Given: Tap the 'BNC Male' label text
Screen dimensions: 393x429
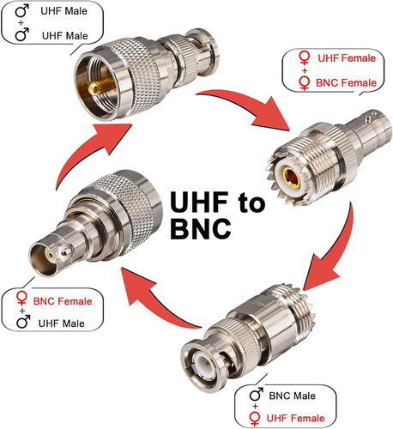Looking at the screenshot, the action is [292, 396].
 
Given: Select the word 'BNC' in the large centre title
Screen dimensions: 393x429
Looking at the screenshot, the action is [201, 228].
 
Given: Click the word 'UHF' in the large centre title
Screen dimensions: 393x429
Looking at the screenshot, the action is [199, 202].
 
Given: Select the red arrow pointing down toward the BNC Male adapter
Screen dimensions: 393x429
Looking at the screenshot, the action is [329, 251].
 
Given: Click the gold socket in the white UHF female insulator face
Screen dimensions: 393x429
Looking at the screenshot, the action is [291, 176].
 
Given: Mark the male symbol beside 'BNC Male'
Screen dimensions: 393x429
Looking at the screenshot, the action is [257, 395].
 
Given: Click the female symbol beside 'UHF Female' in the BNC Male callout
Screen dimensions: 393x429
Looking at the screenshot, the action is [255, 419].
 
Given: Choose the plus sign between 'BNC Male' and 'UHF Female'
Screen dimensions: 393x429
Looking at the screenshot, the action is [255, 406].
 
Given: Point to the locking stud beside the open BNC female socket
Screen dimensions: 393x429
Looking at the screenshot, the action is [65, 252].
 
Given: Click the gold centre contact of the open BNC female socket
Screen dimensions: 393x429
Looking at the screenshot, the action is [51, 255].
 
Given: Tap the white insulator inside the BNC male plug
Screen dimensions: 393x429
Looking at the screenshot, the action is [203, 364].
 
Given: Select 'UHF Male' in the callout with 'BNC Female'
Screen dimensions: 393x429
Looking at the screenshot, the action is [62, 323].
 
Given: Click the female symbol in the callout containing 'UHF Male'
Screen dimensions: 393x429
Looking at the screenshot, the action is [21, 299].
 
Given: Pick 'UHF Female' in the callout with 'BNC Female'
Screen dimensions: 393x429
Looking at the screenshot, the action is [347, 58].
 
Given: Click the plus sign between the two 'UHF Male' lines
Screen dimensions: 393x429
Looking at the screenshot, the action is [21, 23].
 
